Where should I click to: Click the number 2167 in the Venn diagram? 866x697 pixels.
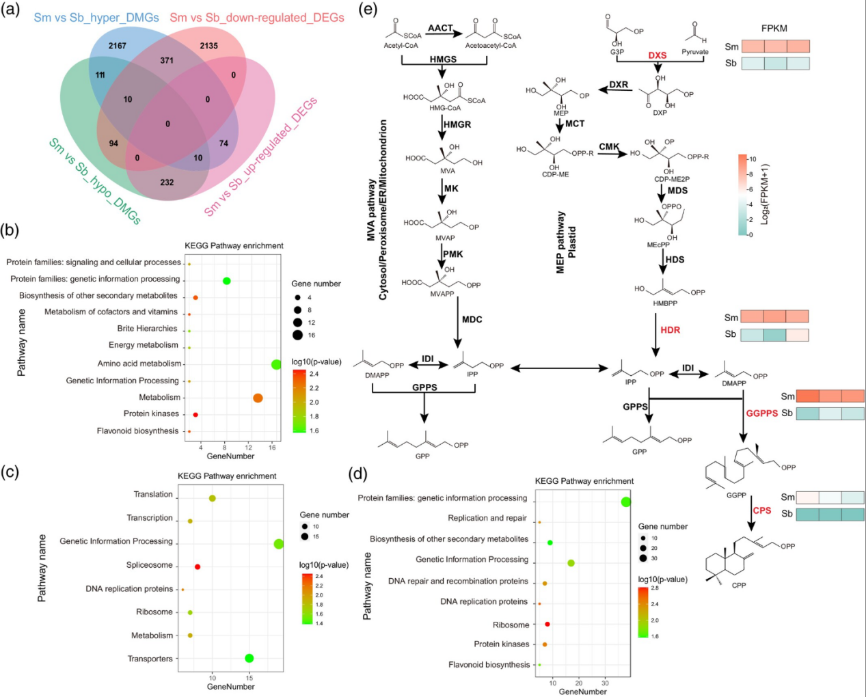(118, 46)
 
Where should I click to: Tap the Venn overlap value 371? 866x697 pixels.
(167, 60)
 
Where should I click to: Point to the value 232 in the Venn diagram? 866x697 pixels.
(167, 182)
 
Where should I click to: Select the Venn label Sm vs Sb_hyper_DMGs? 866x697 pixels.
(96, 17)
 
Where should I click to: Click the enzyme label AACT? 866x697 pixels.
(440, 28)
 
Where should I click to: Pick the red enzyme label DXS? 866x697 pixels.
(658, 55)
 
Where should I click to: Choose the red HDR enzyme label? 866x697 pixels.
(670, 330)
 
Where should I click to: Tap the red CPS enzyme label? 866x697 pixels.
(762, 510)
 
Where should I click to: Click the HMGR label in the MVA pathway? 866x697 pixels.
(457, 124)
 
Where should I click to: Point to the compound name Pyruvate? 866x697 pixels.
(695, 52)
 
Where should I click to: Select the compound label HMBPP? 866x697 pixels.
(665, 303)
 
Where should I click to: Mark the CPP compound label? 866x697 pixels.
(739, 585)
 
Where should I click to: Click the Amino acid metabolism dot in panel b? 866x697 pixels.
(276, 364)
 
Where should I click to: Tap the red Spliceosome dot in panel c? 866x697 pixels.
(198, 566)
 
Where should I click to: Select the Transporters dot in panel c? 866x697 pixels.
(249, 658)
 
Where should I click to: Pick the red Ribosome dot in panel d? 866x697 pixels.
(547, 624)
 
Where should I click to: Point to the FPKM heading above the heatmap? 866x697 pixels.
(774, 29)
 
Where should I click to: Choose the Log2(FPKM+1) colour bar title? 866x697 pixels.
(765, 194)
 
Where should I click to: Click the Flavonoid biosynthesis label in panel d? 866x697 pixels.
(489, 664)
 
